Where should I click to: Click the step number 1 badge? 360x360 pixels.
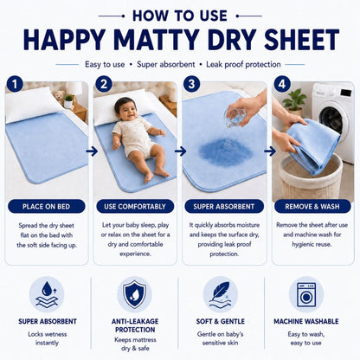tap(15, 84)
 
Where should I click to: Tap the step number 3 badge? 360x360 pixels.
tap(191, 84)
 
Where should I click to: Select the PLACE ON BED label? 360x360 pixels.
tap(47, 207)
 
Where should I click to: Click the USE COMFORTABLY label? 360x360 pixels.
tap(135, 207)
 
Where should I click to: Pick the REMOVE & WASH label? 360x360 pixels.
tap(312, 207)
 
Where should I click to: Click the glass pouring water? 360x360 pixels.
tap(234, 117)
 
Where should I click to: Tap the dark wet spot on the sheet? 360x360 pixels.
tap(226, 152)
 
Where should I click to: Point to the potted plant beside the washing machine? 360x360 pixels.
tap(294, 100)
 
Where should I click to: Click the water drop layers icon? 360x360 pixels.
tap(47, 294)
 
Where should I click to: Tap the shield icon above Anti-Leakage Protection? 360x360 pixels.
tap(134, 294)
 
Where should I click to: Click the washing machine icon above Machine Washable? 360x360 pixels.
tap(306, 294)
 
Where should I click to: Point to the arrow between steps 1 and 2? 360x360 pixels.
tap(92, 151)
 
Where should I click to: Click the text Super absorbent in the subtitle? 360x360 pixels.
tap(166, 64)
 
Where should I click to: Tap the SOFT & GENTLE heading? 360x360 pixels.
tap(221, 321)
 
